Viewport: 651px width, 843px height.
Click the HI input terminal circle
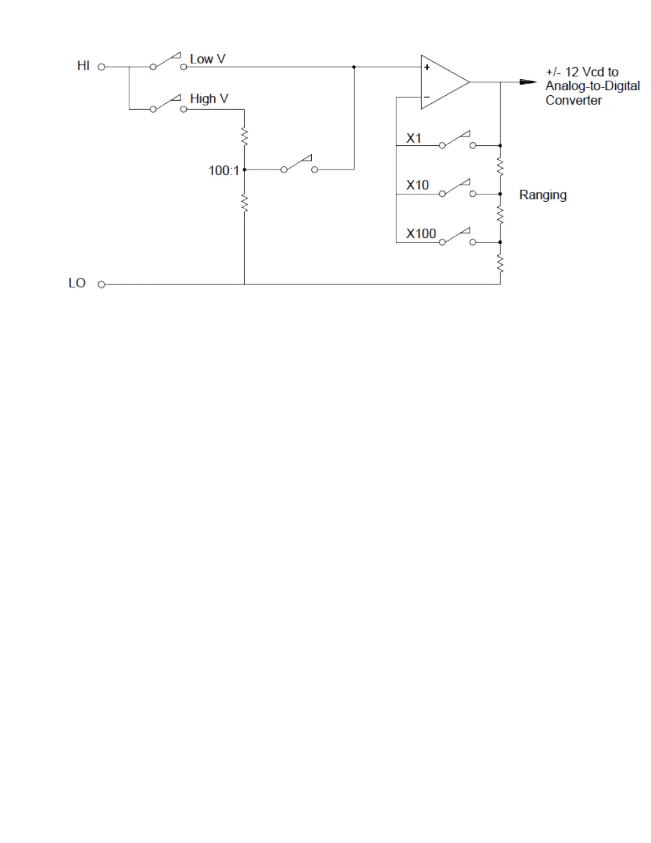102,67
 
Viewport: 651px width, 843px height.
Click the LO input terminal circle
102,284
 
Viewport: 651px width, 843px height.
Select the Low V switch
168,62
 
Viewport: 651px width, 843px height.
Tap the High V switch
168,104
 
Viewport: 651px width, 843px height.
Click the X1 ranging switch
457,140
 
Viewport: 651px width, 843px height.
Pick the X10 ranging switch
457,188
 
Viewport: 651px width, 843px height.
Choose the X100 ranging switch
457,237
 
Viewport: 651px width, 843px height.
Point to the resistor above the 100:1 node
245,137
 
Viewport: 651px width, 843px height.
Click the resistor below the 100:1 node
245,203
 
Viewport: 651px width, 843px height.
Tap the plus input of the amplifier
427,68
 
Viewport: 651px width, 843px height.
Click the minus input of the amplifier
427,97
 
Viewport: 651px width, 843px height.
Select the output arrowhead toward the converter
528,82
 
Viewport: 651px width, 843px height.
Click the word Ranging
542,195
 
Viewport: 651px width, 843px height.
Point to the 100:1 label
223,170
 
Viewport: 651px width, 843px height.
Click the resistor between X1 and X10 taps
500,167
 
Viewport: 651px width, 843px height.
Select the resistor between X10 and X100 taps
500,215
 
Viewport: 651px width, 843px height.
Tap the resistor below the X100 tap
500,263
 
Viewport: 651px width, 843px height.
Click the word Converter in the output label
573,101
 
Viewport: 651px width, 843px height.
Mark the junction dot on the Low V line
354,67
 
